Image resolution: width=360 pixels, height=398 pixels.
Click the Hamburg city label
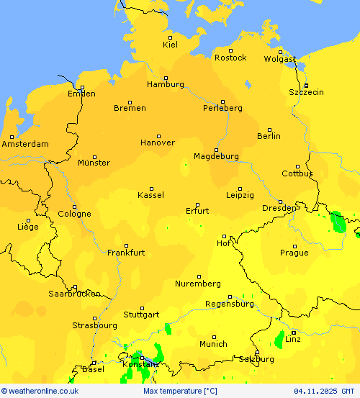165,84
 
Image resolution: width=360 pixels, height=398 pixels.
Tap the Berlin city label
269,136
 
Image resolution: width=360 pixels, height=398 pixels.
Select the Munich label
213,344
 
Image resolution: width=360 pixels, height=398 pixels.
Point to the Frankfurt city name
126,253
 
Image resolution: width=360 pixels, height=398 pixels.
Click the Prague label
294,253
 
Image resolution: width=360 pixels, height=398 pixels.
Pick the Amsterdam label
25,144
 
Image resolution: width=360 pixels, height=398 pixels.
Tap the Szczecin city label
306,92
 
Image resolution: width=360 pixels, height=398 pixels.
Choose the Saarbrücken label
74,294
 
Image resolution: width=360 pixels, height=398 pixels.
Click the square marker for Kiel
171,37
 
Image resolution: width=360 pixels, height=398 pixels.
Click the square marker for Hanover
159,135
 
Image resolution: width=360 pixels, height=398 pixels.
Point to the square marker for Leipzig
240,189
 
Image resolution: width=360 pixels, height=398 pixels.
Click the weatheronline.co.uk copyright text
40,391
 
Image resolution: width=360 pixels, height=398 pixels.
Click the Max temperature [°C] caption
180,391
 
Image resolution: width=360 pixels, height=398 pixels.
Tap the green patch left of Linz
279,339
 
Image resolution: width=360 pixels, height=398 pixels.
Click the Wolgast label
279,59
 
